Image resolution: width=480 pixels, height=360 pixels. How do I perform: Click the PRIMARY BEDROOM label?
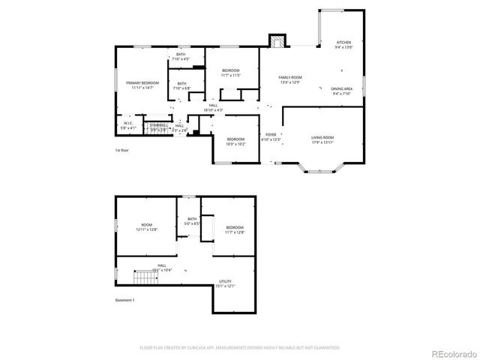click(x=141, y=85)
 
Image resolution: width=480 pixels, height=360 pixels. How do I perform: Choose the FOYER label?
click(x=270, y=136)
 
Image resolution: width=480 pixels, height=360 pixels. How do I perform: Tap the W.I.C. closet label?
click(x=129, y=126)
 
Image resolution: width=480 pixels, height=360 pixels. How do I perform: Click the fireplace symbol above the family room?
click(x=277, y=42)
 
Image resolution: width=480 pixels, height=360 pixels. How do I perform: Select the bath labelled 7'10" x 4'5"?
click(x=181, y=56)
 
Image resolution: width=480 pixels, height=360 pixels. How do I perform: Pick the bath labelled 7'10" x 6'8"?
click(x=181, y=86)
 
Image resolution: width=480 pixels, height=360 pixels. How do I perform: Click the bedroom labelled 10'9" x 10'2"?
click(x=235, y=140)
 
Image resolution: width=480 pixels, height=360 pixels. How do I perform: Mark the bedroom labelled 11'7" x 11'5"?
click(x=230, y=72)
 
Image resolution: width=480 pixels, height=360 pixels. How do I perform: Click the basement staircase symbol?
click(x=145, y=280)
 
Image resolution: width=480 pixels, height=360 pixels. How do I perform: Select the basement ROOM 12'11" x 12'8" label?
click(x=147, y=228)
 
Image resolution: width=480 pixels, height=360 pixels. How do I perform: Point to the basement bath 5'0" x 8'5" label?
click(x=192, y=221)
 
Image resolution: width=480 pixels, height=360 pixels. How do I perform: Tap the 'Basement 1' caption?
click(x=124, y=300)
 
